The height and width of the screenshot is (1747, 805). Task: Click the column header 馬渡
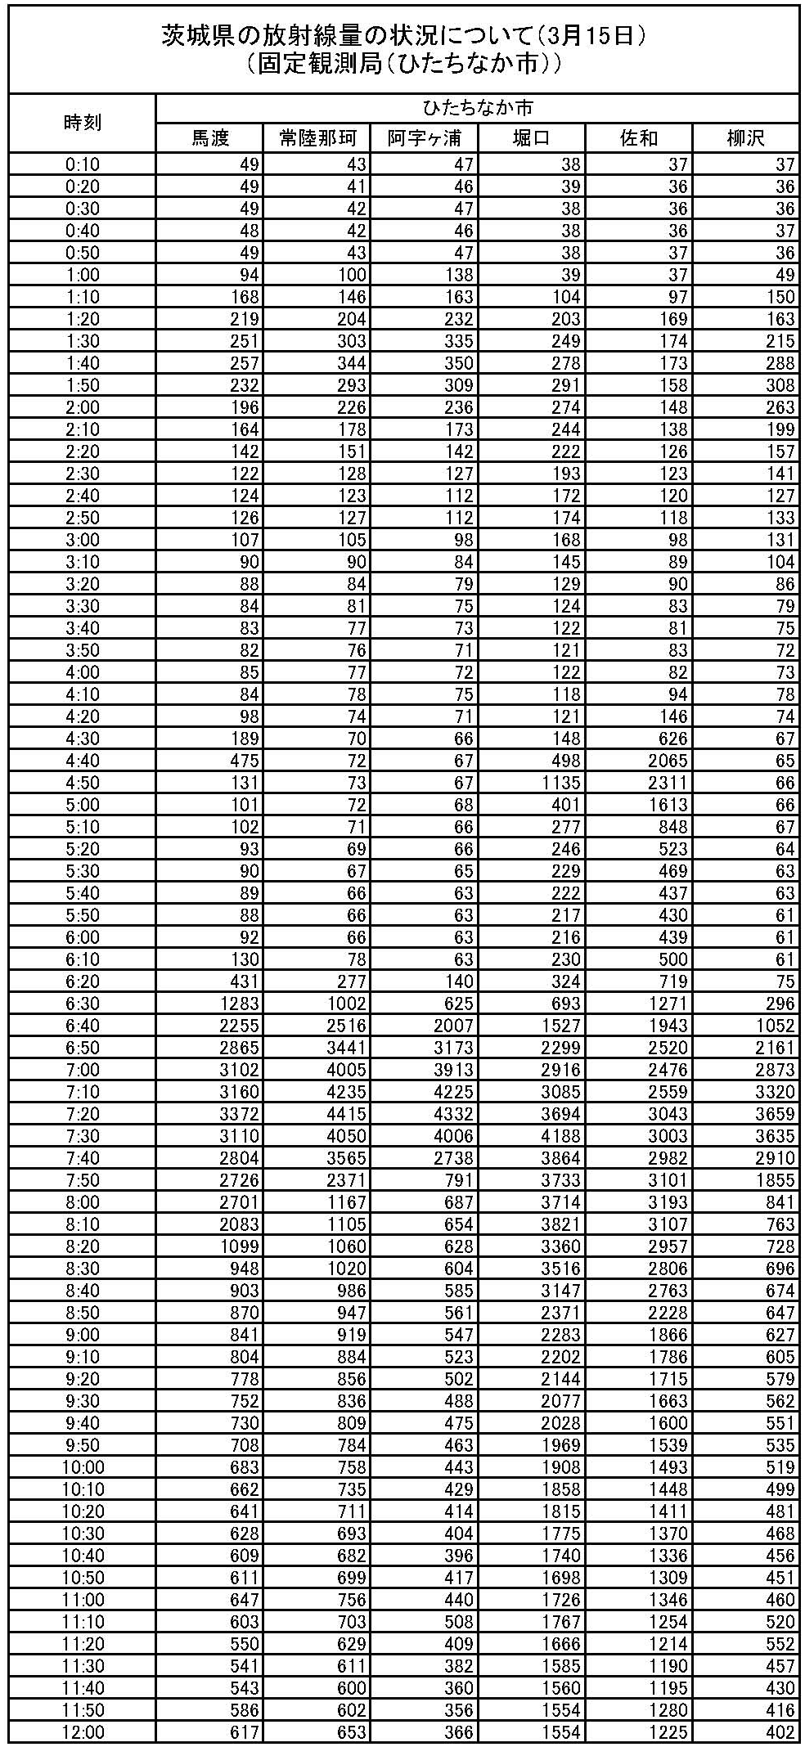(209, 138)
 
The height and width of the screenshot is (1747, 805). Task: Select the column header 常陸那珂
(316, 138)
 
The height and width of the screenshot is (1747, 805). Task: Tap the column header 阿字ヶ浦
(424, 138)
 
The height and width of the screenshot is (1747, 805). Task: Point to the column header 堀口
(531, 138)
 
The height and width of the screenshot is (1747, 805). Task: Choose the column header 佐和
(639, 138)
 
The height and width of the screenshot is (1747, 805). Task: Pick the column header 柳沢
(745, 138)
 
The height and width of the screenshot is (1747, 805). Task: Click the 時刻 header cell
(82, 123)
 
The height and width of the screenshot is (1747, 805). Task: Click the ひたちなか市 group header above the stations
(477, 108)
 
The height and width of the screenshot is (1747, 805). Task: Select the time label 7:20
(82, 1114)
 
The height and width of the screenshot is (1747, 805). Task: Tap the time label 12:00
(82, 1732)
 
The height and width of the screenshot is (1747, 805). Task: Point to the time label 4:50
(82, 783)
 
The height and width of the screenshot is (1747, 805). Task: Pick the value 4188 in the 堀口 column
(560, 1136)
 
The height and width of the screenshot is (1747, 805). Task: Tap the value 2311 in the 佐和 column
(668, 783)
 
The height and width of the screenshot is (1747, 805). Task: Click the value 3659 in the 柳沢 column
(775, 1114)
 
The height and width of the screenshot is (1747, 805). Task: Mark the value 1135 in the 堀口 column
(560, 783)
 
